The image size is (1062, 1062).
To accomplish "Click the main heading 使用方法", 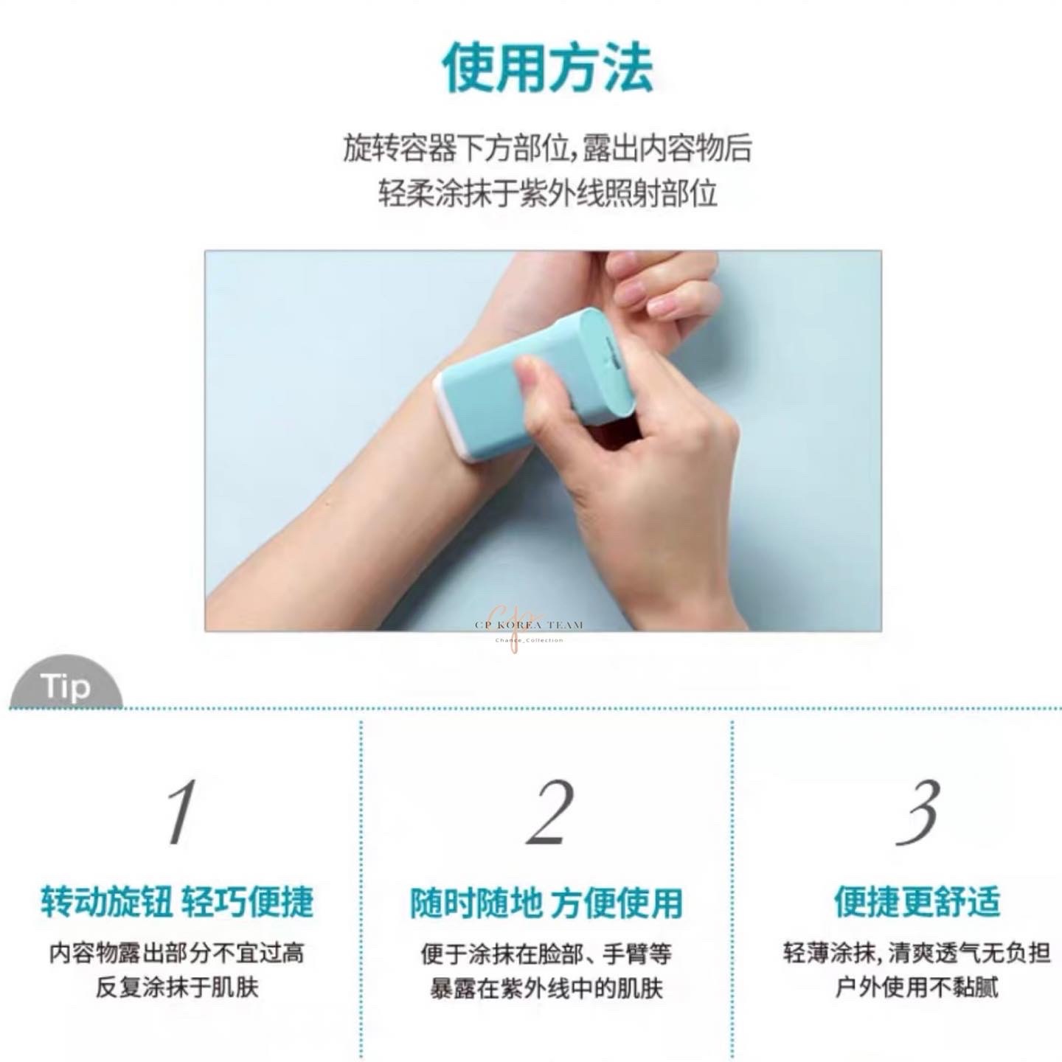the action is click(547, 69).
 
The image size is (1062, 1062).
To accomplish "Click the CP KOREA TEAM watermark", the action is click(529, 625).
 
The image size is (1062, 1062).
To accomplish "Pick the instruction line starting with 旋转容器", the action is click(547, 148).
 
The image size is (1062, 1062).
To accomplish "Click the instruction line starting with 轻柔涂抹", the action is click(547, 193).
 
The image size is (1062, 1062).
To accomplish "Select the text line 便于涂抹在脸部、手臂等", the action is click(546, 954).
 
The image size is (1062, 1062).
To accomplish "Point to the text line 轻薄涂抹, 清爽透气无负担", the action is click(917, 953).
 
